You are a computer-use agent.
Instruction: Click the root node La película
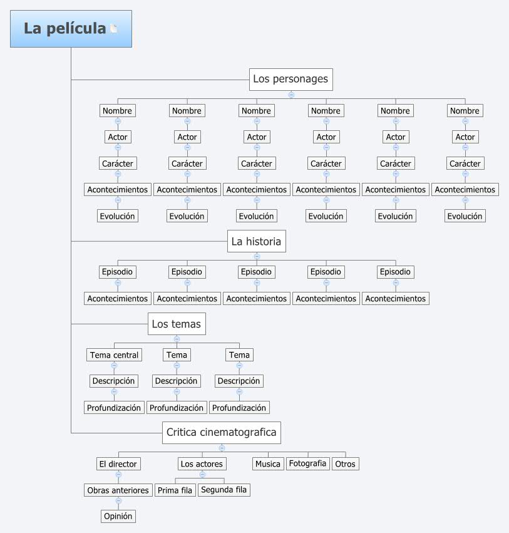[x=65, y=29]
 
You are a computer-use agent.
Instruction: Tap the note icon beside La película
[x=114, y=28]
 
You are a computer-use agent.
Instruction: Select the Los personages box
[x=290, y=80]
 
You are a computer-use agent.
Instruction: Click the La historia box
[x=256, y=241]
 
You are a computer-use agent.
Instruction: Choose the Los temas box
[x=177, y=324]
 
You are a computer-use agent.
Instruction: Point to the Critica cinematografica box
[x=221, y=432]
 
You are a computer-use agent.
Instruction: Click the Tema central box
[x=114, y=355]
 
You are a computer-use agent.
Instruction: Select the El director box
[x=118, y=464]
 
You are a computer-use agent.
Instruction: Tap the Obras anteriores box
[x=118, y=490]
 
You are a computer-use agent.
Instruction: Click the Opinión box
[x=118, y=517]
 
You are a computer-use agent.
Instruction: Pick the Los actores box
[x=202, y=464]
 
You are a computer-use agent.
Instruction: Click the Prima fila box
[x=175, y=490]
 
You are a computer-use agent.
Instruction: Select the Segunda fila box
[x=224, y=490]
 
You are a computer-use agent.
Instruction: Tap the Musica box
[x=268, y=464]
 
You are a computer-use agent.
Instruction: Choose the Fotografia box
[x=307, y=463]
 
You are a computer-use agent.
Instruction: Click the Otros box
[x=345, y=464]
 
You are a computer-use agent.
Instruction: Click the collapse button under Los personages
[x=291, y=95]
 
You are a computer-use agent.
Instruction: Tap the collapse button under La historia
[x=257, y=256]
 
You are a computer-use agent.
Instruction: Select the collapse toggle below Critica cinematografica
[x=222, y=448]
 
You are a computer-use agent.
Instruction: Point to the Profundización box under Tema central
[x=114, y=408]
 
